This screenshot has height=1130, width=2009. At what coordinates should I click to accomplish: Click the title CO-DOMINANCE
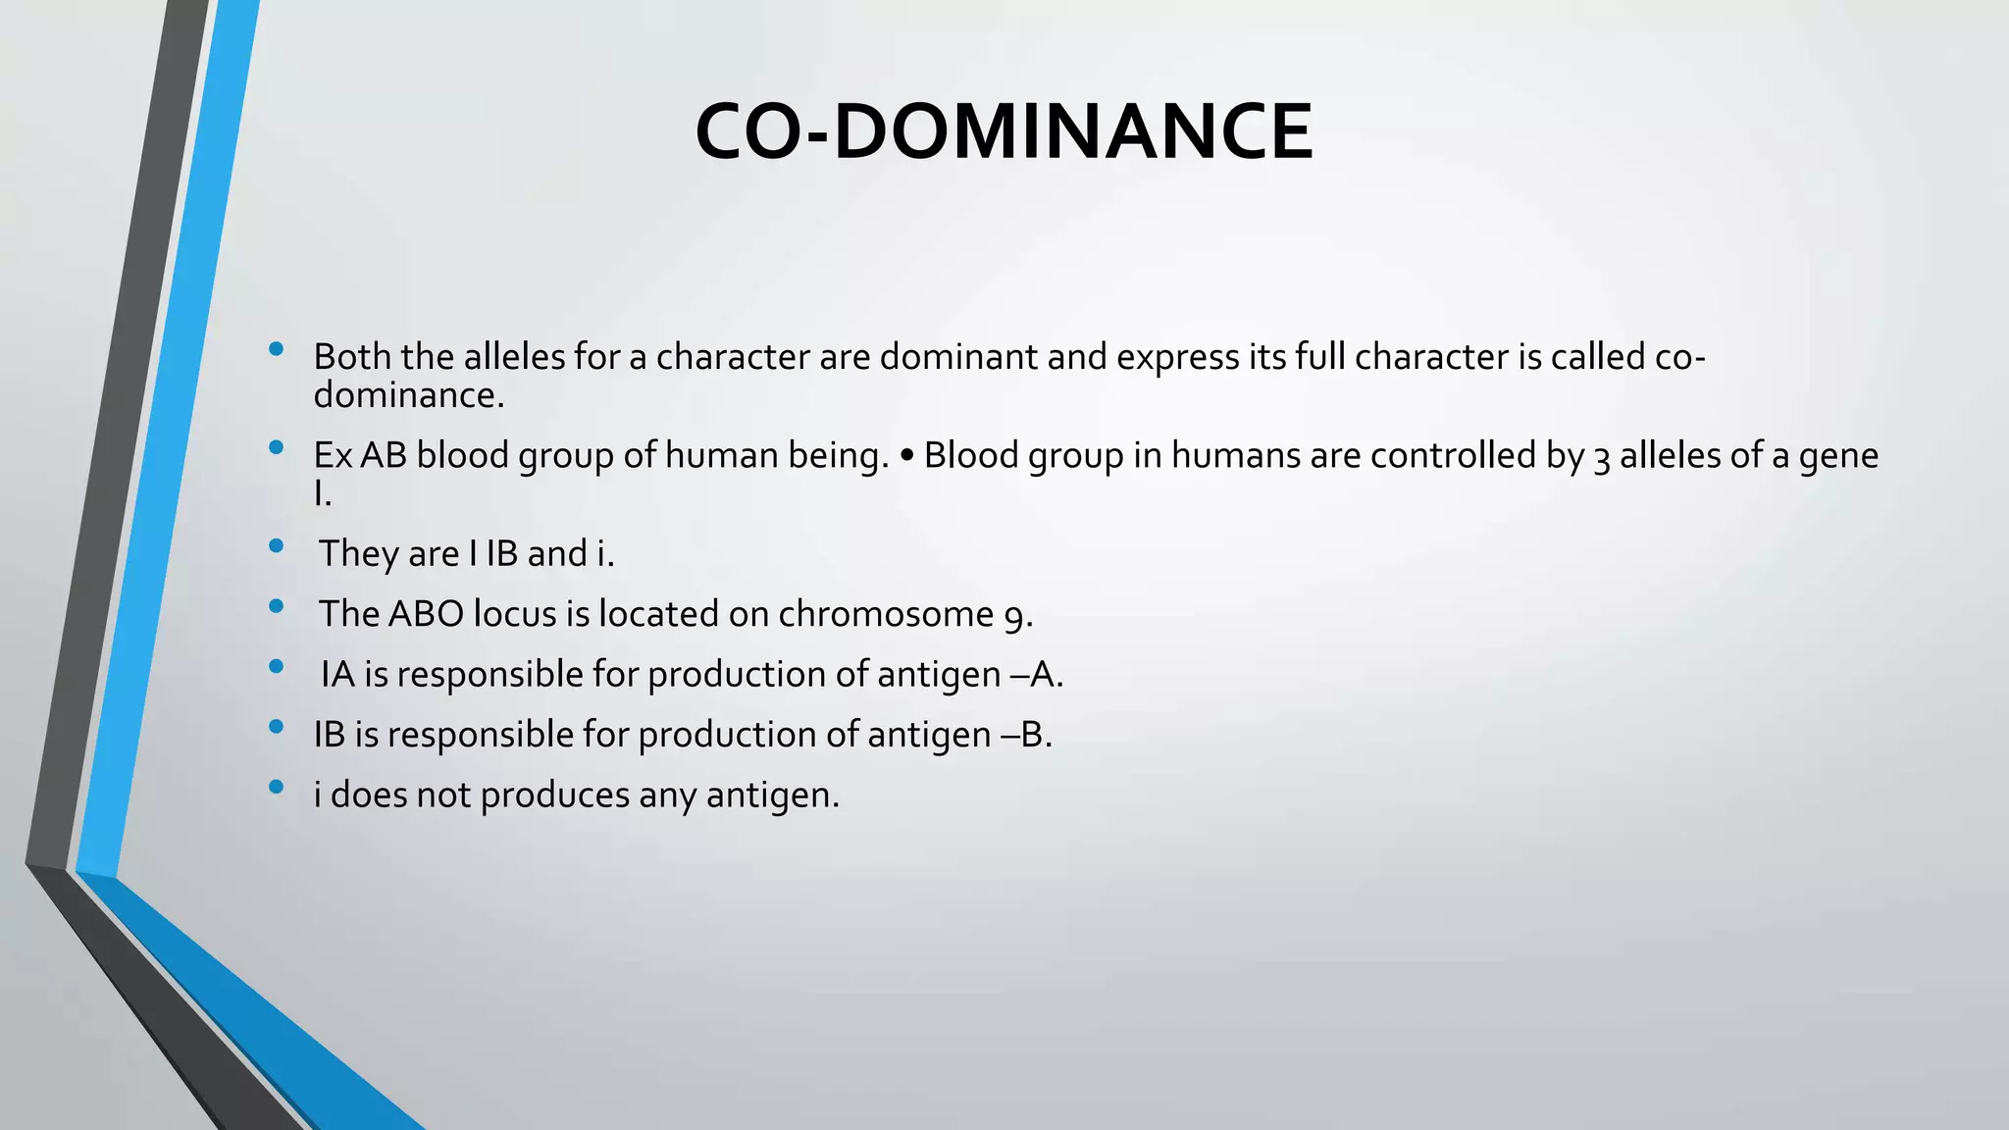tap(1004, 131)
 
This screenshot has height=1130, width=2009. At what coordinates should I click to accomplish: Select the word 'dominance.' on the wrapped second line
tap(408, 395)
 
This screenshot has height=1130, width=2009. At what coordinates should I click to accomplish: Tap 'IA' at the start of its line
tap(337, 675)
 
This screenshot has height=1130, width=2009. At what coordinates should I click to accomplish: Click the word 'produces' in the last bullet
tap(554, 796)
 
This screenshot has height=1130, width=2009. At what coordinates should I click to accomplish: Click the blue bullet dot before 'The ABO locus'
tap(276, 606)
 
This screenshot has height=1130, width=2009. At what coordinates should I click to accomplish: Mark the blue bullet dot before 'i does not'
tap(276, 787)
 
